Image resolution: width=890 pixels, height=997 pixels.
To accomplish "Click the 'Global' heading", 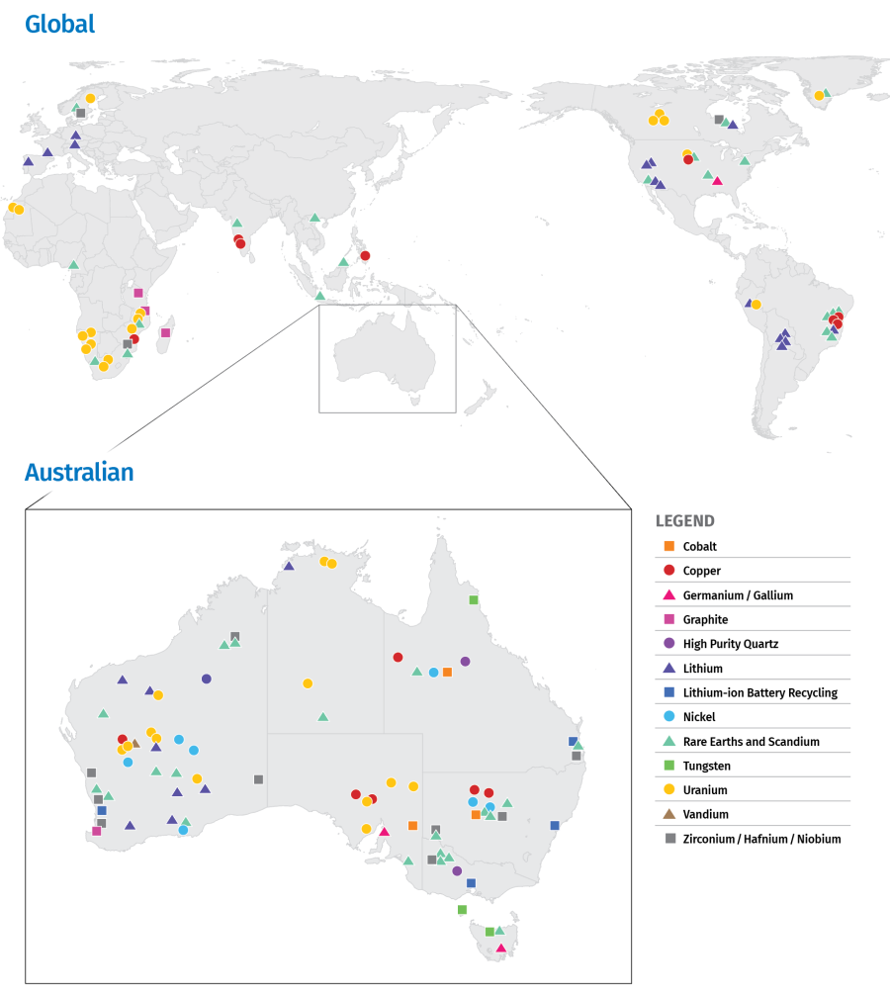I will [x=59, y=24].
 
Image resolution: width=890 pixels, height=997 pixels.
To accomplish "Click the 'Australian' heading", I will [x=79, y=473].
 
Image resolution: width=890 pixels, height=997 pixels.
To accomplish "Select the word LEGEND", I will [x=684, y=521].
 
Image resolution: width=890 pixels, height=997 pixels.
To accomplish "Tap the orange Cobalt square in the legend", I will [x=669, y=546].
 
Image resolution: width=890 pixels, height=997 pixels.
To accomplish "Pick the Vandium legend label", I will [x=705, y=814].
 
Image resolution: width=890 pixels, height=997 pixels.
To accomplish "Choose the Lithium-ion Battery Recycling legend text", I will [x=759, y=692].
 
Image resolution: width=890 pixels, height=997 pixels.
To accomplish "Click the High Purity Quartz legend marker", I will [x=669, y=644].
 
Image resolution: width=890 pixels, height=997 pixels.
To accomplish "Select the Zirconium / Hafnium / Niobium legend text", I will [x=761, y=839].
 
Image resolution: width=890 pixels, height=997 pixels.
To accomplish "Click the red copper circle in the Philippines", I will [x=365, y=256].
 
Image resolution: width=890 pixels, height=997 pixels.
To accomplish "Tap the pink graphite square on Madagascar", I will [x=165, y=332].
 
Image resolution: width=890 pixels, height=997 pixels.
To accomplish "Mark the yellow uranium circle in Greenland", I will [x=819, y=96].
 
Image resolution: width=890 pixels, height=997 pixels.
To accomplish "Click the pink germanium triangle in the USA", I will [x=717, y=181].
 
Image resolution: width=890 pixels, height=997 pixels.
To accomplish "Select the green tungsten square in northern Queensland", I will [x=474, y=600].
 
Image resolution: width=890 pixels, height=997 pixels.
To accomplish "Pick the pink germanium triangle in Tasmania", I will [x=500, y=949].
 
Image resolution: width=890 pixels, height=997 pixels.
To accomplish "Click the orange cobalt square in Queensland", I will [x=447, y=673].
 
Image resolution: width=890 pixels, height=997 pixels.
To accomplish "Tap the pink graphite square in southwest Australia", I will [x=96, y=831].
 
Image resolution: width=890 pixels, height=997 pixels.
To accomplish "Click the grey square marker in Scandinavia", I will [x=80, y=113].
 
